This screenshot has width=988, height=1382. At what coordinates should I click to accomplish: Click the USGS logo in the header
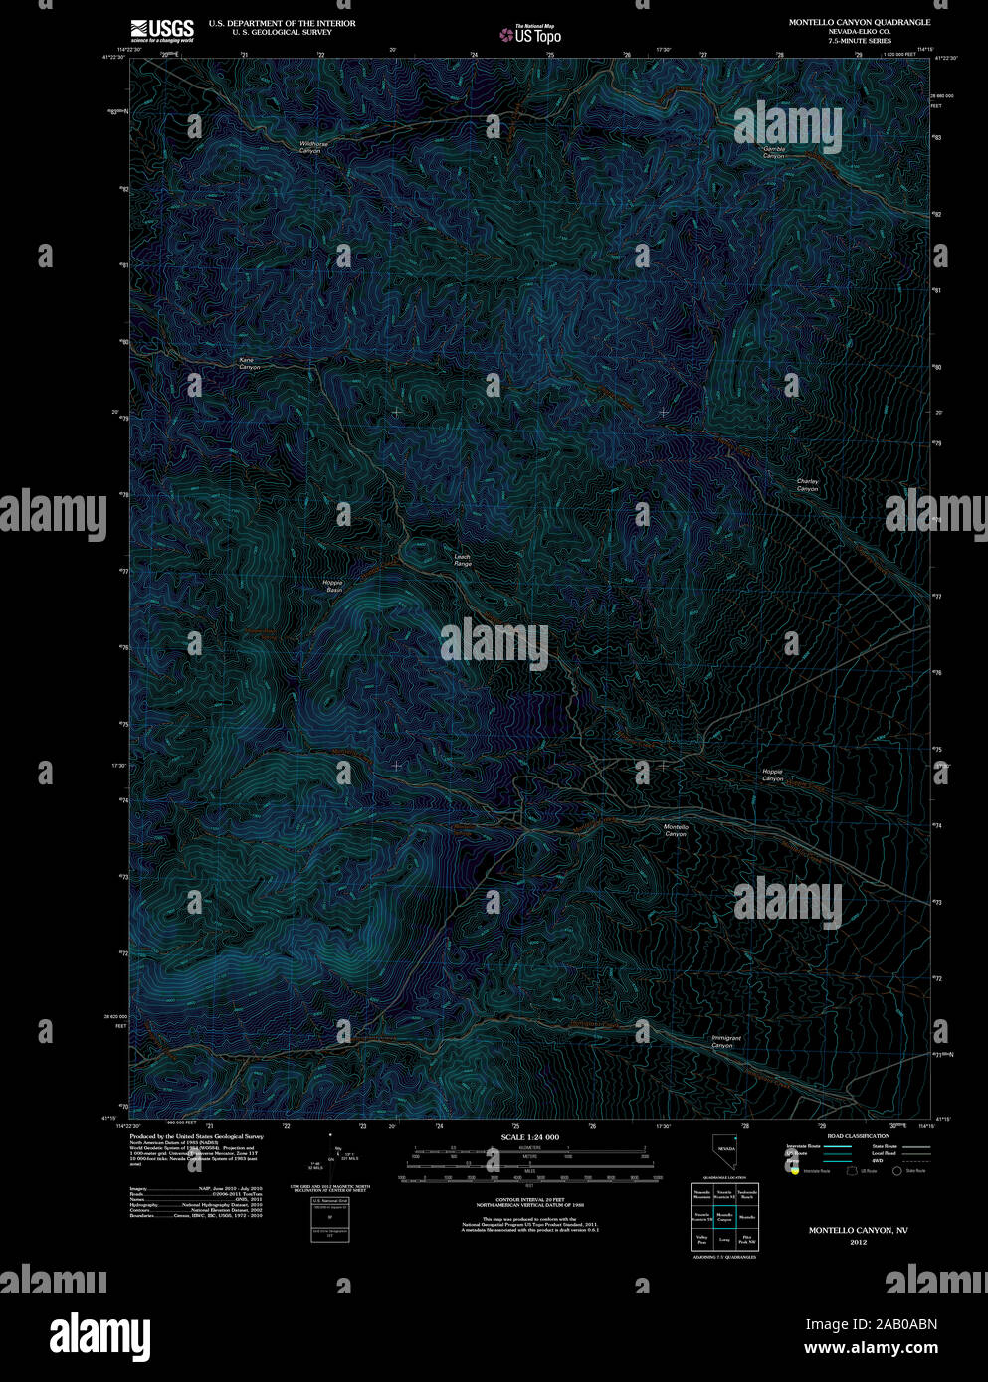coord(161,30)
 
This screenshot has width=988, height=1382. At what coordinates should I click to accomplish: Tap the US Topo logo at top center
coord(530,35)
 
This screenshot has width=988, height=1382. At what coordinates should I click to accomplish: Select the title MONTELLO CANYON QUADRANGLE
coord(860,22)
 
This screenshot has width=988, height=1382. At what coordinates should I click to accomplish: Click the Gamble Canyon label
coord(774,152)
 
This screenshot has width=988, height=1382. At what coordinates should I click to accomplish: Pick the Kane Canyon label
coord(249,363)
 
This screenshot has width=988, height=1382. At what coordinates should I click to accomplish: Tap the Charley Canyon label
coord(807,485)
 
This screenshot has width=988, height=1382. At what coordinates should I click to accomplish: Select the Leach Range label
coord(463,560)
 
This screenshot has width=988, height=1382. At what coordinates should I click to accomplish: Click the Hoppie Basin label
coord(332,586)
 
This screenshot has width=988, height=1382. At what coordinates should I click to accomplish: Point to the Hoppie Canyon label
coord(773,775)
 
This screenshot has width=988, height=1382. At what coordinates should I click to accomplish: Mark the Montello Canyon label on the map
coord(676,830)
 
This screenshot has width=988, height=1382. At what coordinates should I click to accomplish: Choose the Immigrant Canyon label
coord(725,1041)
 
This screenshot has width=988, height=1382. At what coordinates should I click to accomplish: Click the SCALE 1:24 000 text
coord(529,1137)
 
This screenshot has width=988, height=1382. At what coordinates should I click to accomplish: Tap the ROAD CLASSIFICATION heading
coord(858,1135)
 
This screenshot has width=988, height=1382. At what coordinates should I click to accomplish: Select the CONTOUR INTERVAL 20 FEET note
coord(529,1201)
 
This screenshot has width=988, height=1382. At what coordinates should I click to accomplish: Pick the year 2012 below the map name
coord(858,1242)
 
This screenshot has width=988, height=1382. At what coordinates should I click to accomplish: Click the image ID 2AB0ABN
coord(871,1324)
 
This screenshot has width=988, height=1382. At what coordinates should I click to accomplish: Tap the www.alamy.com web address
coord(871,1349)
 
